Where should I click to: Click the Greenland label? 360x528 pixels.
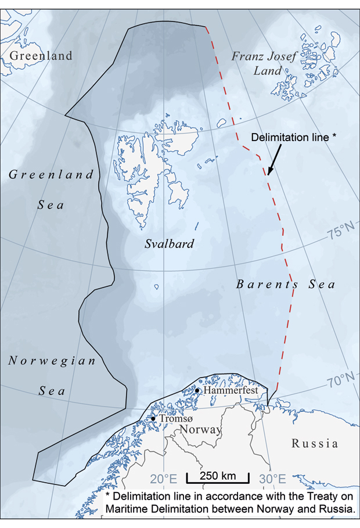41,56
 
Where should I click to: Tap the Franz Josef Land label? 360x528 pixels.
264,63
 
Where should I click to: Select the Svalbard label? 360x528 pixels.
169,244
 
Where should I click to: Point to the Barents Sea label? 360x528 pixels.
286,285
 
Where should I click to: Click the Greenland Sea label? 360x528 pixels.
52,189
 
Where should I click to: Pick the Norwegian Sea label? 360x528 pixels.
52,376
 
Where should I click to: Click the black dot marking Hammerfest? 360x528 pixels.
197,391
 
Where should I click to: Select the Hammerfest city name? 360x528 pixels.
230,391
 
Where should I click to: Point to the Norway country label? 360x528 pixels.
200,430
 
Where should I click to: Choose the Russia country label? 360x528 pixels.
315,444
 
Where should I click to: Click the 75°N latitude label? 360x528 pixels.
341,234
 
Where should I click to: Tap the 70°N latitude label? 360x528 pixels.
342,381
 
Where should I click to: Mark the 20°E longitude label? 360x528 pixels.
164,479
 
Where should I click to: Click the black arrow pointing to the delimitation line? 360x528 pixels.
275,159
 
